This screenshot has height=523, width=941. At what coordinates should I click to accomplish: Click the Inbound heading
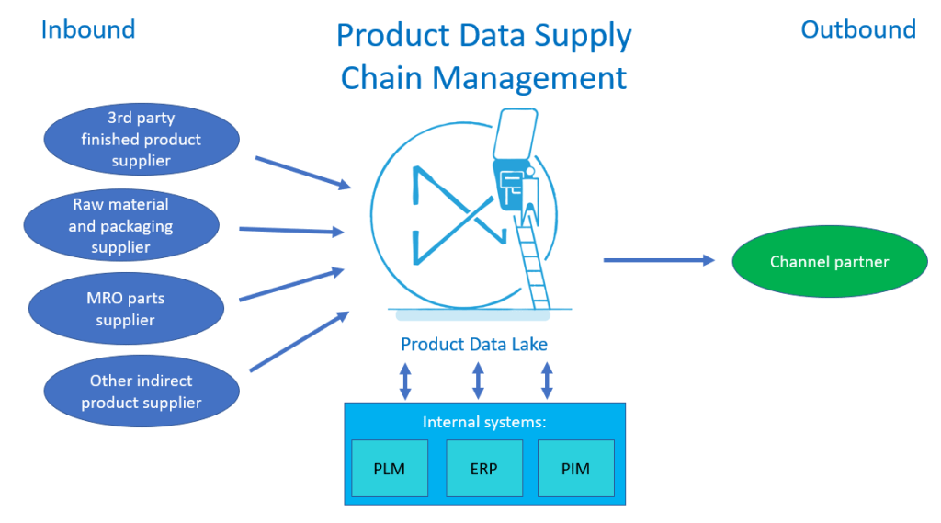(88, 29)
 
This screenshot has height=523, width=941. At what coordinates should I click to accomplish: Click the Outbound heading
(858, 29)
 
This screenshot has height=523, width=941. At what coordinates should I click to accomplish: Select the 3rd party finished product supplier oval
(142, 140)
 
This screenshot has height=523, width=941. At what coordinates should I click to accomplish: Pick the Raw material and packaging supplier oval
(121, 225)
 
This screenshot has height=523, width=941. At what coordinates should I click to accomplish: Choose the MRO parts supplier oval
(127, 308)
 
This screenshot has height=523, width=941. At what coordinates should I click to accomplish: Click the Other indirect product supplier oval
(142, 391)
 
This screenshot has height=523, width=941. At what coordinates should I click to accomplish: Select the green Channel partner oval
(829, 262)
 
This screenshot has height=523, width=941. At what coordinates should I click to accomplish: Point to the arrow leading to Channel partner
(658, 260)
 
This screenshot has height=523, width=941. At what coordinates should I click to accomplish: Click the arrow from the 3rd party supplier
(303, 173)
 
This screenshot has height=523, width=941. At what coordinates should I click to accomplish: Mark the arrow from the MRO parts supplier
(291, 285)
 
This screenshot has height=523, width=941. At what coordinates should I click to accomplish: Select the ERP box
(483, 469)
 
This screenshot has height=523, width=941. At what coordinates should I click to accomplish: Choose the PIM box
(575, 469)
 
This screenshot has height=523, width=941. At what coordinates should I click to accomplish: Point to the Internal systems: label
(483, 422)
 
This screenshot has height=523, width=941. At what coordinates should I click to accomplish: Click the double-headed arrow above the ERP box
(478, 380)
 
